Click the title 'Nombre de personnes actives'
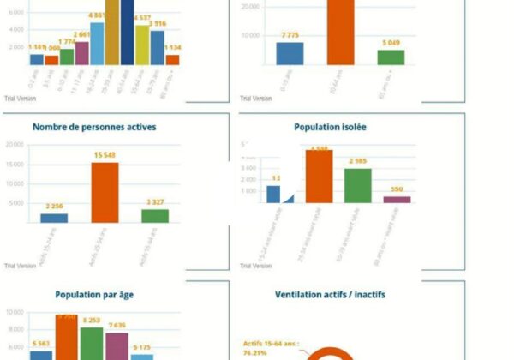(x=94, y=127)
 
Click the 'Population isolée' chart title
(x=330, y=127)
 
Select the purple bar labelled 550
(x=397, y=199)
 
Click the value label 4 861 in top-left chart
(x=97, y=15)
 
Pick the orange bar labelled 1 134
(x=172, y=60)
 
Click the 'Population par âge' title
(x=94, y=295)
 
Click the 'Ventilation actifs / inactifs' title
(x=330, y=295)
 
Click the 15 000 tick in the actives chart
(x=14, y=164)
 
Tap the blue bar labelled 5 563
(x=40, y=354)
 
